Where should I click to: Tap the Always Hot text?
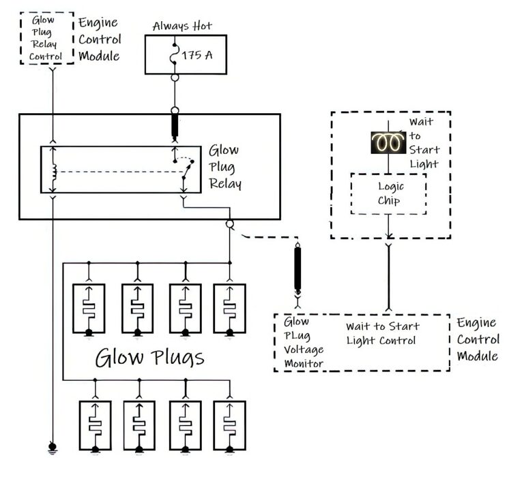point(182,26)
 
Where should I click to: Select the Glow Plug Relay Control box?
point(46,38)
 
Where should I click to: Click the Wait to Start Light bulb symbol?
point(388,142)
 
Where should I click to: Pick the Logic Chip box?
point(388,193)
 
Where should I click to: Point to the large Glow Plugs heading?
point(149,357)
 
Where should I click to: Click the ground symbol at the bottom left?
point(53,448)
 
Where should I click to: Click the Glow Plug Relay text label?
point(224,167)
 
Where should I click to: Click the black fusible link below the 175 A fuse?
point(175,127)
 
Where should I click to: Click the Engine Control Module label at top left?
point(100,39)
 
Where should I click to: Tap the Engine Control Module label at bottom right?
point(478,339)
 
